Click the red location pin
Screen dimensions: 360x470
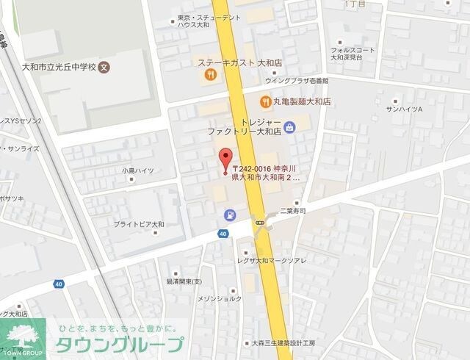[226, 157]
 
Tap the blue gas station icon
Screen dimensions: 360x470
[230, 215]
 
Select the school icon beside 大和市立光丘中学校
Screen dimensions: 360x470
[104, 66]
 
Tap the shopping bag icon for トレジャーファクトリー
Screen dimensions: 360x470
[289, 127]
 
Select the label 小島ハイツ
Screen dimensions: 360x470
[138, 170]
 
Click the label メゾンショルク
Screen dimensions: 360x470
[219, 299]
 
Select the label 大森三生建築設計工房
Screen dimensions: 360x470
[283, 343]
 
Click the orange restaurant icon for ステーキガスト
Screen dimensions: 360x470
[209, 73]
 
